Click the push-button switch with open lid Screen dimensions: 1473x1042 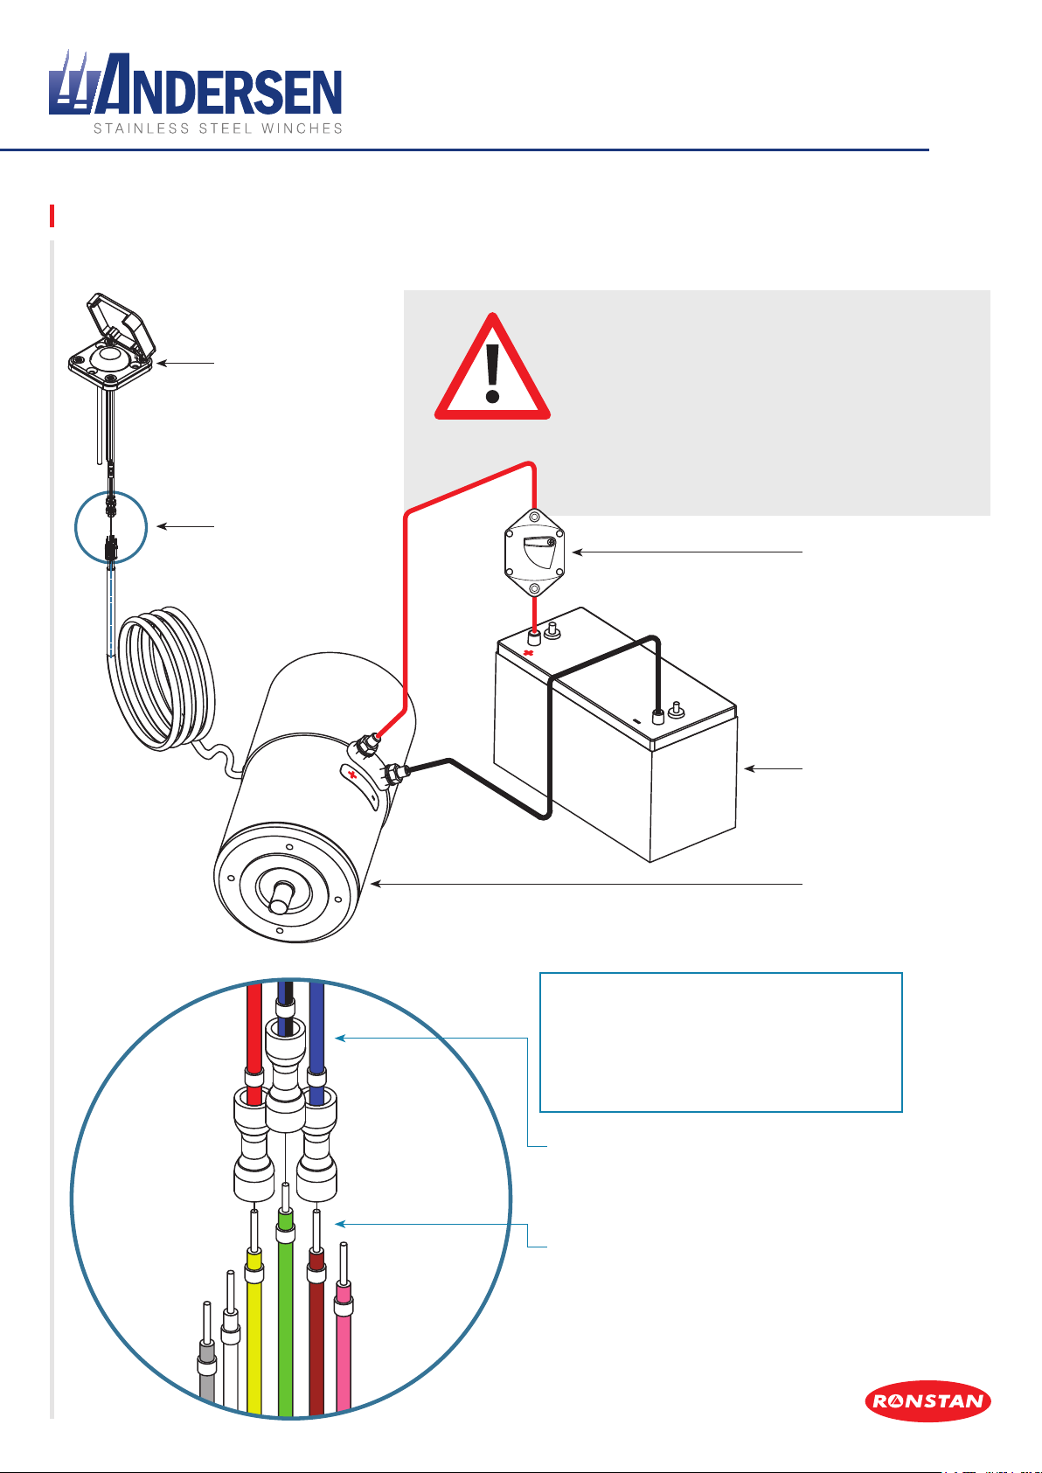click(x=112, y=341)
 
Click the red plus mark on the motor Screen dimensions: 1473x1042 click(x=352, y=775)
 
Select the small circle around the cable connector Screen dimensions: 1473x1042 click(x=111, y=527)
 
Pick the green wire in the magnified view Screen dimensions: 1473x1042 click(x=285, y=1329)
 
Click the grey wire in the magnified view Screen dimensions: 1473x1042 click(x=206, y=1381)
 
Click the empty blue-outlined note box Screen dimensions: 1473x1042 click(x=720, y=1042)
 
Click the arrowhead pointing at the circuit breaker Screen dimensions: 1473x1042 click(x=574, y=552)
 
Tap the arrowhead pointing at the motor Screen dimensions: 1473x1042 click(x=376, y=885)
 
